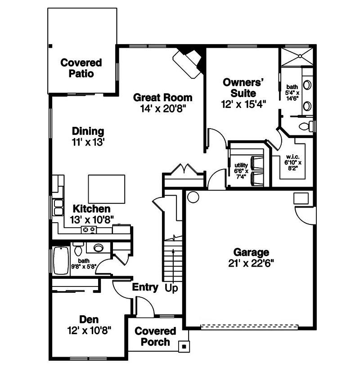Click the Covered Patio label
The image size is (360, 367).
pos(81,68)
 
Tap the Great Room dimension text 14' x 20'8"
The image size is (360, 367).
pos(163,108)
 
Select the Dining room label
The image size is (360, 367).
pos(88,131)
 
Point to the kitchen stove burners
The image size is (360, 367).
pos(88,229)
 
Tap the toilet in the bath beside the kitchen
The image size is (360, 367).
pos(78,248)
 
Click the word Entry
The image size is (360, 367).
pos(145,287)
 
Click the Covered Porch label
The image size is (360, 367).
pos(155,336)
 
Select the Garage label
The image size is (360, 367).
pos(251,252)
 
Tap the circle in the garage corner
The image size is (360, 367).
pos(193,196)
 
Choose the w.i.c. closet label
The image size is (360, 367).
pos(292,157)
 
